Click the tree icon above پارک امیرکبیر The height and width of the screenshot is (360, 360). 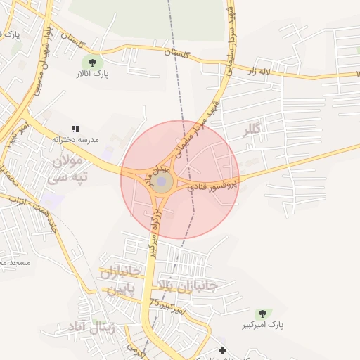262,314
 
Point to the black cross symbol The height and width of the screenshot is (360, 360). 222,350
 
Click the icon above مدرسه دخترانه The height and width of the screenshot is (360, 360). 75,129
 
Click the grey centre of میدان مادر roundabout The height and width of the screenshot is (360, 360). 162,183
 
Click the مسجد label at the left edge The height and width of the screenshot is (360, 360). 14,262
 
